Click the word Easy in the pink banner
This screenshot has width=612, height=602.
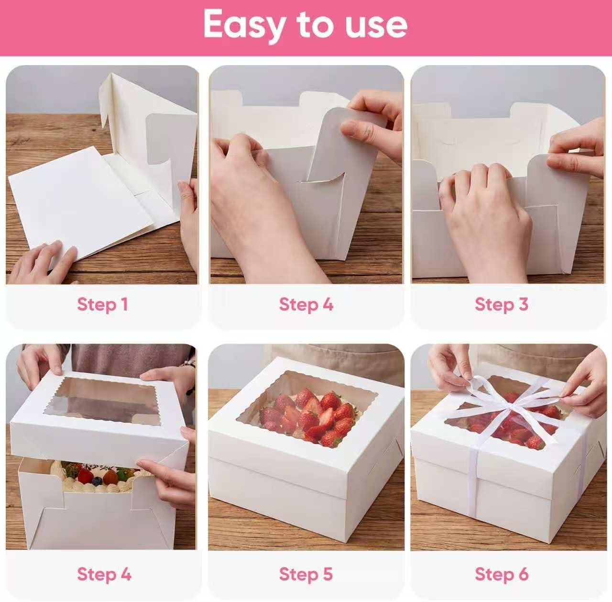pyautogui.click(x=243, y=25)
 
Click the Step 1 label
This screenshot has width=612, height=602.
pyautogui.click(x=102, y=304)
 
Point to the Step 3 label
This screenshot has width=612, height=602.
pyautogui.click(x=502, y=304)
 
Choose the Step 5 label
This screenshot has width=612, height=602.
pyautogui.click(x=306, y=574)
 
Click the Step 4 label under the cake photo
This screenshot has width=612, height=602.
pyautogui.click(x=104, y=574)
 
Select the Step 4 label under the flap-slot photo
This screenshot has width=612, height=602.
pyautogui.click(x=306, y=304)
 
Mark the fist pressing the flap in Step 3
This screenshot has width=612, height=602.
pyautogui.click(x=488, y=211)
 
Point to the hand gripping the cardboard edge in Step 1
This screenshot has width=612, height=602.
pyautogui.click(x=189, y=211)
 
